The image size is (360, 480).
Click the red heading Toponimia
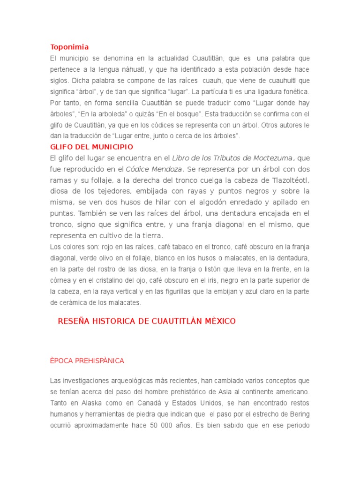point(69,47)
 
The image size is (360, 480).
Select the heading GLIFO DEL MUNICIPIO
point(91,147)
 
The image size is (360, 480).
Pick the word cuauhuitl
point(282,80)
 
